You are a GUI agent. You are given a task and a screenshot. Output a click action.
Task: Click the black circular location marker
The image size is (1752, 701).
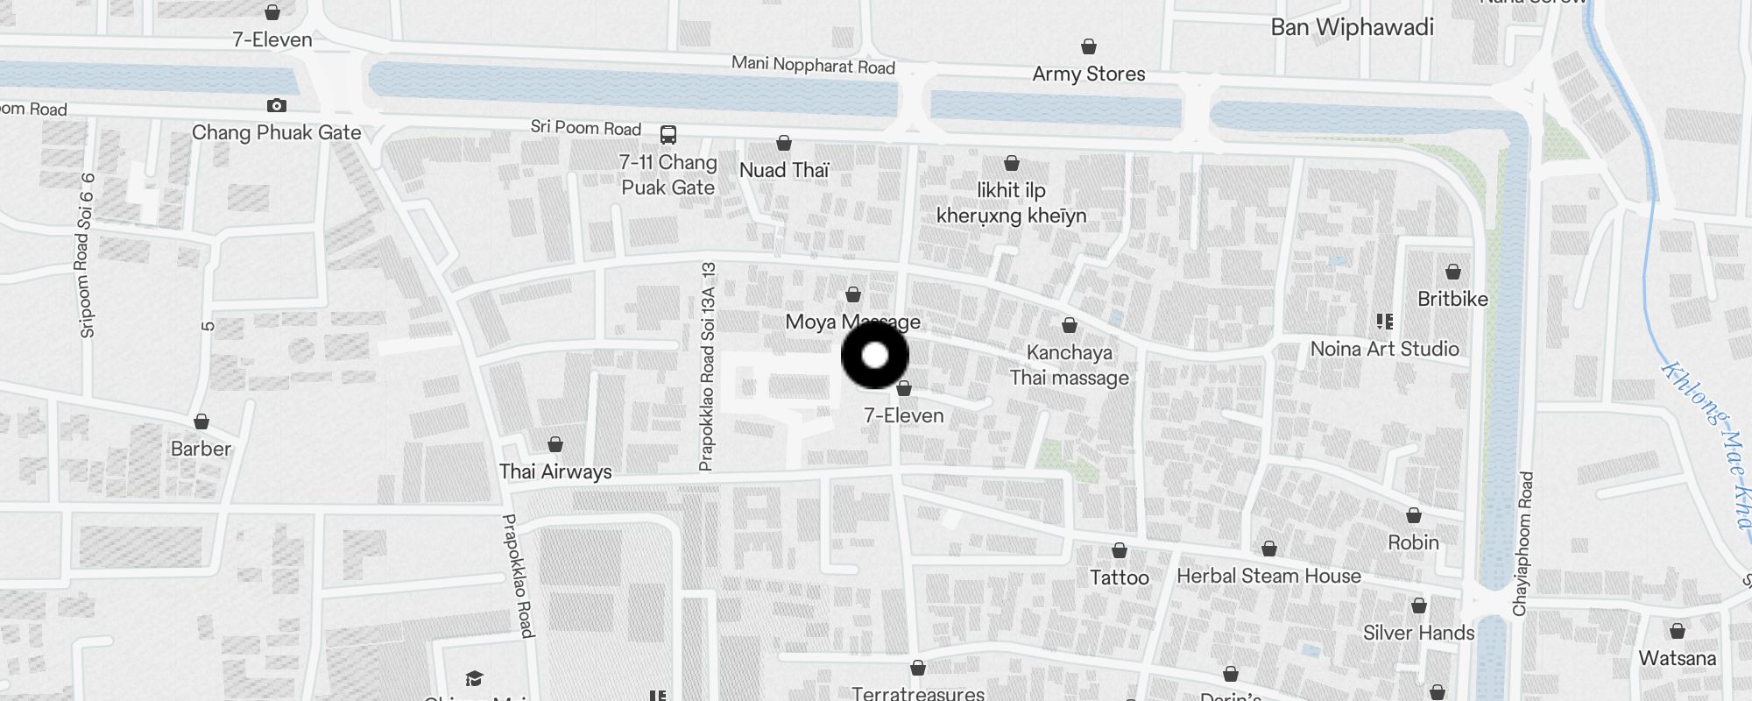pos(875,356)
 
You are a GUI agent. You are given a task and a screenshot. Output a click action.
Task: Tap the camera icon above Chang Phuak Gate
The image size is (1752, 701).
pos(277,106)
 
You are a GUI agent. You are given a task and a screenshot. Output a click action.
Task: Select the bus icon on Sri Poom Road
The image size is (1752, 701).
pos(668,135)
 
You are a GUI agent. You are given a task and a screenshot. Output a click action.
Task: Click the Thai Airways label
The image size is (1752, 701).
pos(555,471)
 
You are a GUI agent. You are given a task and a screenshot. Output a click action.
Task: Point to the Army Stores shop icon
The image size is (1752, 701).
pos(1089,46)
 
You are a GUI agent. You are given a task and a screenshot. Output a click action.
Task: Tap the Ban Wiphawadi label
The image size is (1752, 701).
pos(1352,27)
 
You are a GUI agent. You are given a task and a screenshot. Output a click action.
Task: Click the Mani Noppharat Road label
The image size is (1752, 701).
pos(813,65)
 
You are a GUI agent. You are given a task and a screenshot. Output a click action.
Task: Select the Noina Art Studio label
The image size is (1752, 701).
pos(1384,349)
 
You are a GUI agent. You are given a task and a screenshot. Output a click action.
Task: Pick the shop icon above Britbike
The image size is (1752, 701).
pos(1453,272)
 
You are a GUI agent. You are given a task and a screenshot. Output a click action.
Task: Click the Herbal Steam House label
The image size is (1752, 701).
pos(1268,576)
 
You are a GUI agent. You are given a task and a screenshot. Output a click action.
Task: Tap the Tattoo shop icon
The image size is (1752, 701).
pos(1120,551)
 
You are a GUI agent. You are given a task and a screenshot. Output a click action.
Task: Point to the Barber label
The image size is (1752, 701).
pos(201,449)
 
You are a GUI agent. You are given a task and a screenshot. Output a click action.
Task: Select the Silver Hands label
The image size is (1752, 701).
pos(1418,633)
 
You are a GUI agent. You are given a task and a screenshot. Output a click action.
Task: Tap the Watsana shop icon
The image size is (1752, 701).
pos(1678,631)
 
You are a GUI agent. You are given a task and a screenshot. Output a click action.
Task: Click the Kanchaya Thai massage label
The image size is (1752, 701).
pos(1069,365)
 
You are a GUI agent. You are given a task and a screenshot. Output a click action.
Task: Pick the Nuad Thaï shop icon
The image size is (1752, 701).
pos(784,143)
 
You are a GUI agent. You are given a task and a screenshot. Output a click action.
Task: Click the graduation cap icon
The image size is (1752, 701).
pos(474,678)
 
